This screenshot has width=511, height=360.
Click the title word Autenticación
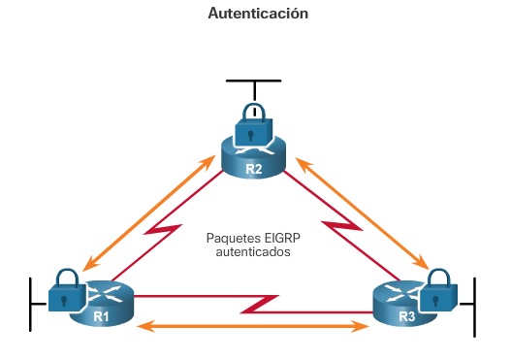pyautogui.click(x=258, y=15)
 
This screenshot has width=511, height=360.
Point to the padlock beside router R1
pyautogui.click(x=65, y=287)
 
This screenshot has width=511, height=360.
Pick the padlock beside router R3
pyautogui.click(x=439, y=286)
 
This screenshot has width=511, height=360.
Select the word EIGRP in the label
pyautogui.click(x=280, y=238)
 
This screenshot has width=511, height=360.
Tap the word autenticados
pyautogui.click(x=254, y=252)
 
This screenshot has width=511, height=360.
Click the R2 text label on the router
pyautogui.click(x=254, y=170)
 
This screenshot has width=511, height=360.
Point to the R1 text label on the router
pyautogui.click(x=101, y=315)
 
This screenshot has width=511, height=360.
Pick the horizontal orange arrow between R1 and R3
pyautogui.click(x=254, y=327)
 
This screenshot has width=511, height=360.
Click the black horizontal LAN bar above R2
pyautogui.click(x=253, y=80)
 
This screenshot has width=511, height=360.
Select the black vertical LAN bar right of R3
pyautogui.click(x=474, y=306)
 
